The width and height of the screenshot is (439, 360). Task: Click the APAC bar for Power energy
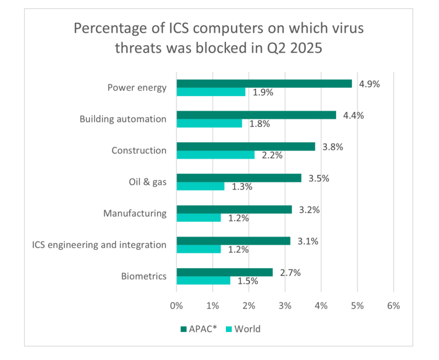point(264,83)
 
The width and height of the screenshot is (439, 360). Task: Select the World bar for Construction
point(215,155)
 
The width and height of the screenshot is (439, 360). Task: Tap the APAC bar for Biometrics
point(224,272)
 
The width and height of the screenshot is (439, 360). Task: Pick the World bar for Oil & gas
point(200,186)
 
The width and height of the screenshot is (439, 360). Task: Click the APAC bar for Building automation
point(256,115)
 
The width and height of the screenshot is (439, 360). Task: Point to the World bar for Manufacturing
point(198,218)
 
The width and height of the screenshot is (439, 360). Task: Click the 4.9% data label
point(369,84)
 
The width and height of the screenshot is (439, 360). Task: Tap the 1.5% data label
point(248,281)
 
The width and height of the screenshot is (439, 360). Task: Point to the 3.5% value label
point(319,178)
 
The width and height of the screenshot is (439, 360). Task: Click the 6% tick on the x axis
point(393,306)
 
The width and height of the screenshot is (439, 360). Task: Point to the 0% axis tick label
point(176,306)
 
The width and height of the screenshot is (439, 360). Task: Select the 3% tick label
point(284,306)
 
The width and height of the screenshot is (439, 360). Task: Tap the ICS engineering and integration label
point(99,245)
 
